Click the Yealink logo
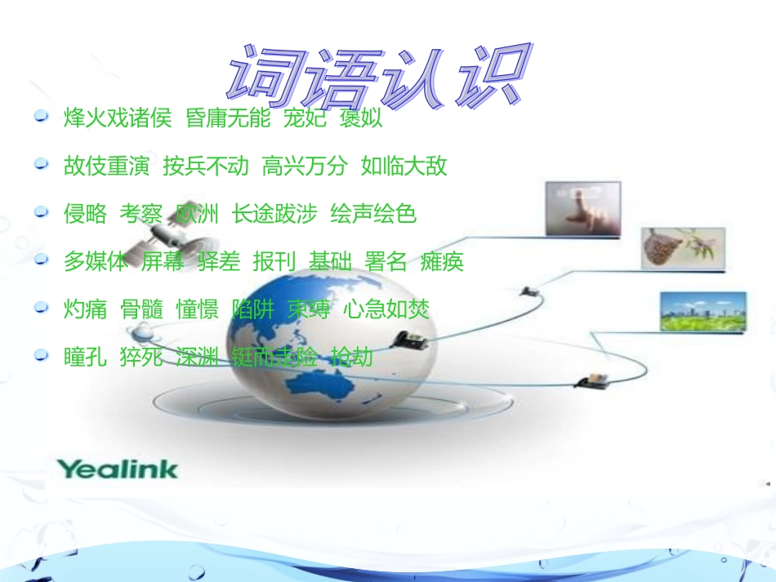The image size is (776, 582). [x=117, y=469]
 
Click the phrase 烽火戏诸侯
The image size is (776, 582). [x=118, y=119]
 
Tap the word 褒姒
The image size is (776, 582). [x=362, y=119]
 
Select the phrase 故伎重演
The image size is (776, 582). [x=107, y=167]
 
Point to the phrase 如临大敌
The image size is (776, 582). [x=404, y=167]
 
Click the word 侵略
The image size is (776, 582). [x=85, y=214]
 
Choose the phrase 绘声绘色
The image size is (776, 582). [x=373, y=214]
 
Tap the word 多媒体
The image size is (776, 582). [x=96, y=262]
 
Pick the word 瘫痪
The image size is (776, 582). [x=442, y=262]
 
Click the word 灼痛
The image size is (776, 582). [x=85, y=309]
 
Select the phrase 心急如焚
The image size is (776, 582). [x=386, y=309]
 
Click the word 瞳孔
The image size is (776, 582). [x=85, y=357]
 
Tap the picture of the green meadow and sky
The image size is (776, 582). [x=702, y=312]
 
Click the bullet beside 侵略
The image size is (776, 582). [x=41, y=213]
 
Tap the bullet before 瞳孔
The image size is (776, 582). [x=41, y=356]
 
